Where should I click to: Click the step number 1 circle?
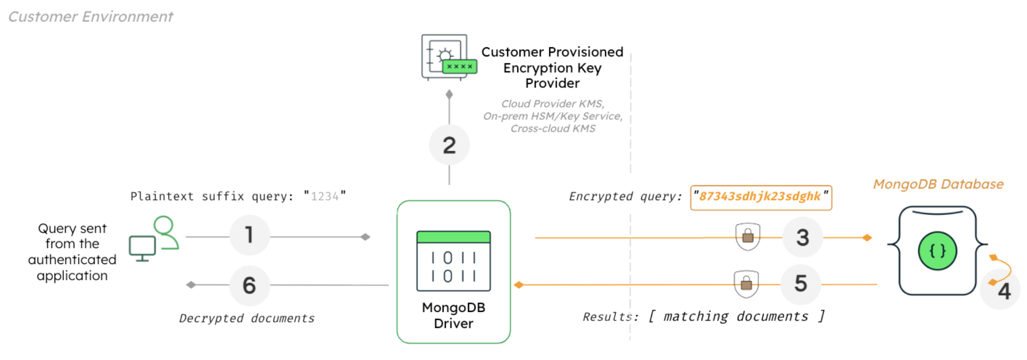[x=249, y=235]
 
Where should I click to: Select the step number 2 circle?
[x=449, y=145]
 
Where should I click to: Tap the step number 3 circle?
[x=802, y=237]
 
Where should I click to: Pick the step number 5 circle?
[x=800, y=284]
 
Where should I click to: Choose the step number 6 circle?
[x=249, y=286]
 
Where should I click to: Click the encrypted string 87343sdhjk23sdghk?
[x=760, y=197]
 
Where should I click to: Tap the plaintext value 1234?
[x=325, y=197]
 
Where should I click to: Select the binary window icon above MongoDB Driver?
[x=453, y=261]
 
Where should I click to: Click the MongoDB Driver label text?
[x=453, y=315]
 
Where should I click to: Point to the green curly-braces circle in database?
[x=937, y=251]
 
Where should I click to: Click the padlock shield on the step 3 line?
[x=747, y=236]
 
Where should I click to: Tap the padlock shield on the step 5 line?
[x=746, y=284]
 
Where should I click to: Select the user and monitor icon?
[x=154, y=239]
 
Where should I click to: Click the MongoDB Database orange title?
[x=938, y=184]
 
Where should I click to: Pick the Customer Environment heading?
[x=91, y=17]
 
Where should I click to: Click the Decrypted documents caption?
[x=247, y=318]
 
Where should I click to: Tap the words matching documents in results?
[x=735, y=317]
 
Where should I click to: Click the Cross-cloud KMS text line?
[x=553, y=129]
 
